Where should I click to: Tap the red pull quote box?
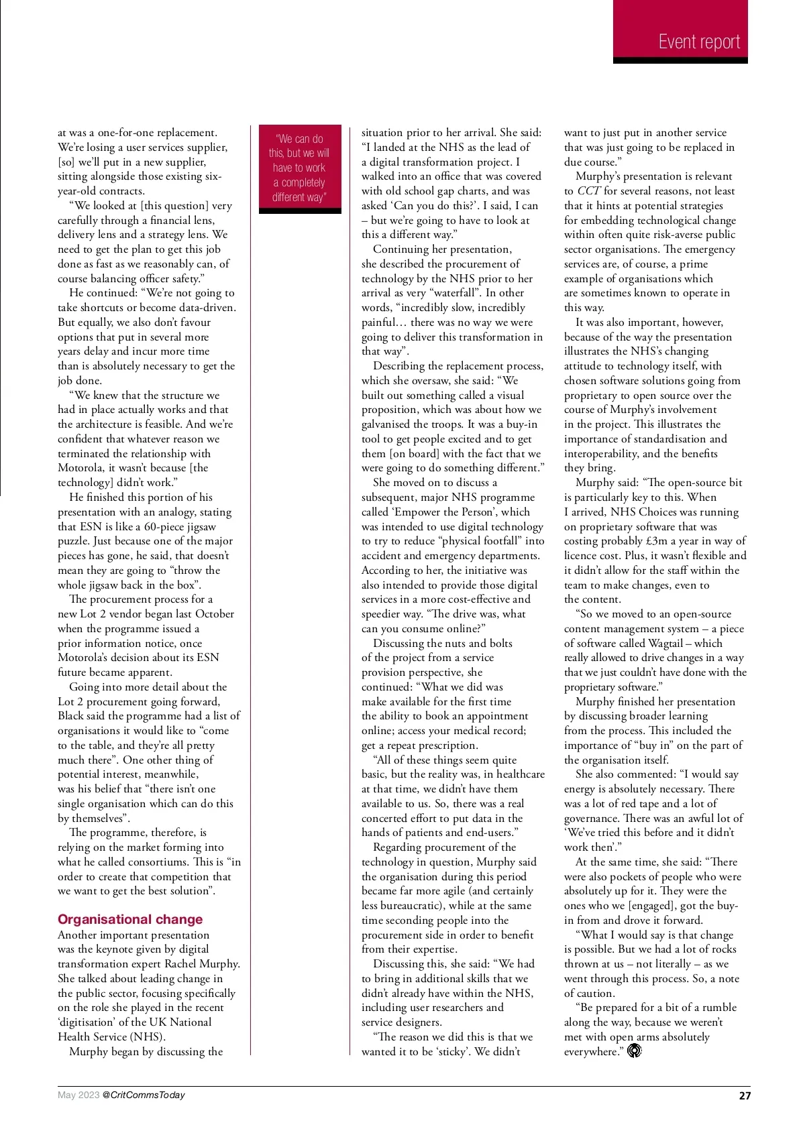pyautogui.click(x=300, y=168)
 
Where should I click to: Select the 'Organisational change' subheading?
pyautogui.click(x=130, y=919)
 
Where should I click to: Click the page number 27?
pyautogui.click(x=745, y=1095)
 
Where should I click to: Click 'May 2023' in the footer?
pyautogui.click(x=78, y=1095)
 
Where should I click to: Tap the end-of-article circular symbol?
pyautogui.click(x=634, y=1051)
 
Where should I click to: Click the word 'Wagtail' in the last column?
pyautogui.click(x=665, y=643)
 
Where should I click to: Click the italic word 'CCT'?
pyautogui.click(x=588, y=191)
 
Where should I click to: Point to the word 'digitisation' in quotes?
pyautogui.click(x=91, y=1022)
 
